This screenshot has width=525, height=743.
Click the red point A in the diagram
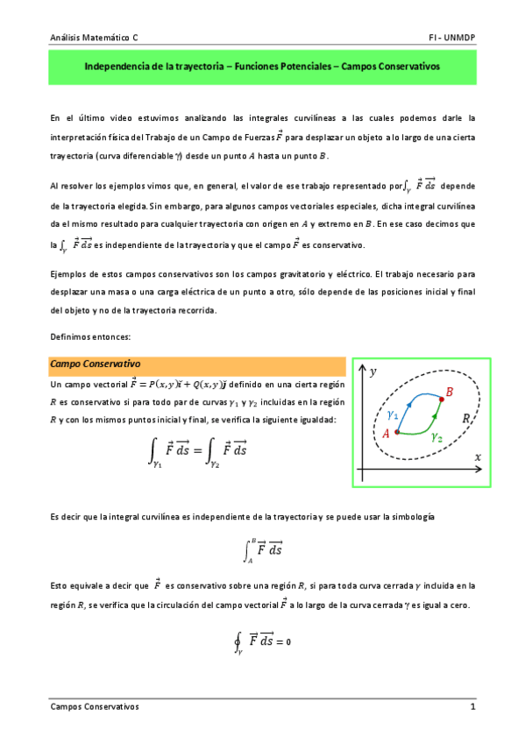(396, 432)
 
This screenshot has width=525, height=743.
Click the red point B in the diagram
(440, 400)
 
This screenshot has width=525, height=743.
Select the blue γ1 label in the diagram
(394, 413)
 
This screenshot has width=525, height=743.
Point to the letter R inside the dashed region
(466, 421)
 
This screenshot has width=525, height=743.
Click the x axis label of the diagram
(478, 456)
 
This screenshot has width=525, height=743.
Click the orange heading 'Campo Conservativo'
(96, 364)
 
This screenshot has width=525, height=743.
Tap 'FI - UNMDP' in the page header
(453, 39)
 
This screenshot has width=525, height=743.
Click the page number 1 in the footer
(472, 706)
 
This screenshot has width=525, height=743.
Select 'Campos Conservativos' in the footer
(94, 706)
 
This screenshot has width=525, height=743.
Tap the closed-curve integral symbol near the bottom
(238, 641)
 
